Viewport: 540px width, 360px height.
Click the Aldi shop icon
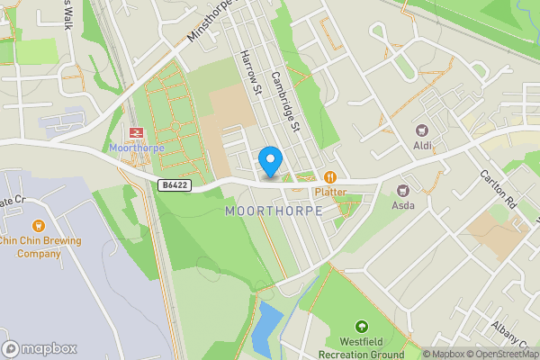(422, 130)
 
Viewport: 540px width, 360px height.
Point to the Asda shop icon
(402, 190)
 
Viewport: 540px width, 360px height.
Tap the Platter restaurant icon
(330, 177)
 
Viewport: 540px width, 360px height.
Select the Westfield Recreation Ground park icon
(361, 326)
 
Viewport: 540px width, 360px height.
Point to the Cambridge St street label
(284, 102)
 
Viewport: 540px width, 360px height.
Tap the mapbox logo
(40, 348)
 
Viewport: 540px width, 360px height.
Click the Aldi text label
(422, 146)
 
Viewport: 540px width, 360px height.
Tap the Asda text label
(402, 205)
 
